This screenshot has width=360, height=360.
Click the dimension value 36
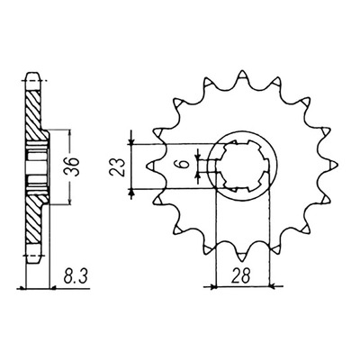[x=74, y=167]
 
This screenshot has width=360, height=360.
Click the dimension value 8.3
[x=76, y=277]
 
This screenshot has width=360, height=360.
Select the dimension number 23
[x=118, y=166]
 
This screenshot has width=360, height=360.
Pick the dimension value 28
[x=241, y=277]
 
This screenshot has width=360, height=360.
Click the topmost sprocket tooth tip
[x=242, y=71]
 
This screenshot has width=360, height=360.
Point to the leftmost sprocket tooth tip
[x=148, y=166]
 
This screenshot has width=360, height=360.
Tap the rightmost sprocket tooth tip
[x=337, y=166]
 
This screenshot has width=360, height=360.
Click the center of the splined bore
[x=242, y=166]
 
